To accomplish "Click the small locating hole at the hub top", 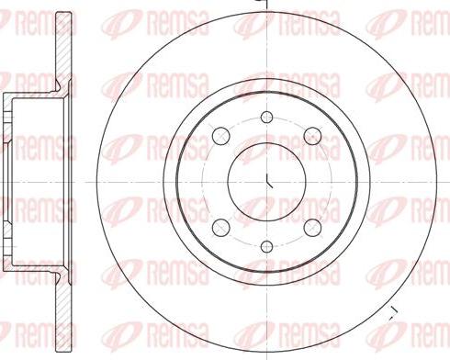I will pos(266,117).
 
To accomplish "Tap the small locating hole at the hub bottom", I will pos(266,246).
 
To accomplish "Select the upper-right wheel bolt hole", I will pos(310,137).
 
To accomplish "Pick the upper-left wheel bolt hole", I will pos(221,137).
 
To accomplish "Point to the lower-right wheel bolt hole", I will pos(310,226).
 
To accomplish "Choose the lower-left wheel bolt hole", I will pos(221,226).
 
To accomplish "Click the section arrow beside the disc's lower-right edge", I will pos(392,312).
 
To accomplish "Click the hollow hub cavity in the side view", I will pos(37,181).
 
